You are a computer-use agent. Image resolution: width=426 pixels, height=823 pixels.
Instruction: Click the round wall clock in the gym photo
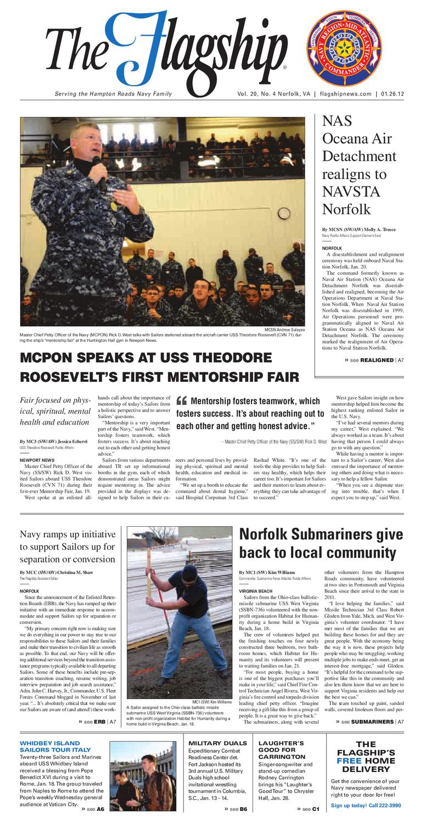pos(283,213)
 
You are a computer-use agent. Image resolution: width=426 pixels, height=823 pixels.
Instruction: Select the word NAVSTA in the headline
pos(346,192)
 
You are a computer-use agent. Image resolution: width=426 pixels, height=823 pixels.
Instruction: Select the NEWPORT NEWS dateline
pos(37,460)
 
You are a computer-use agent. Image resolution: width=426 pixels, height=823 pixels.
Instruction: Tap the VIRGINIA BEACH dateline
pos(256,591)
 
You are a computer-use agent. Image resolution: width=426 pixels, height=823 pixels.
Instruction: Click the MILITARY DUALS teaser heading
pos(217,743)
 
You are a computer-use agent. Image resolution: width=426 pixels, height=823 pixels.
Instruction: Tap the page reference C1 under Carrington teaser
pos(316,809)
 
